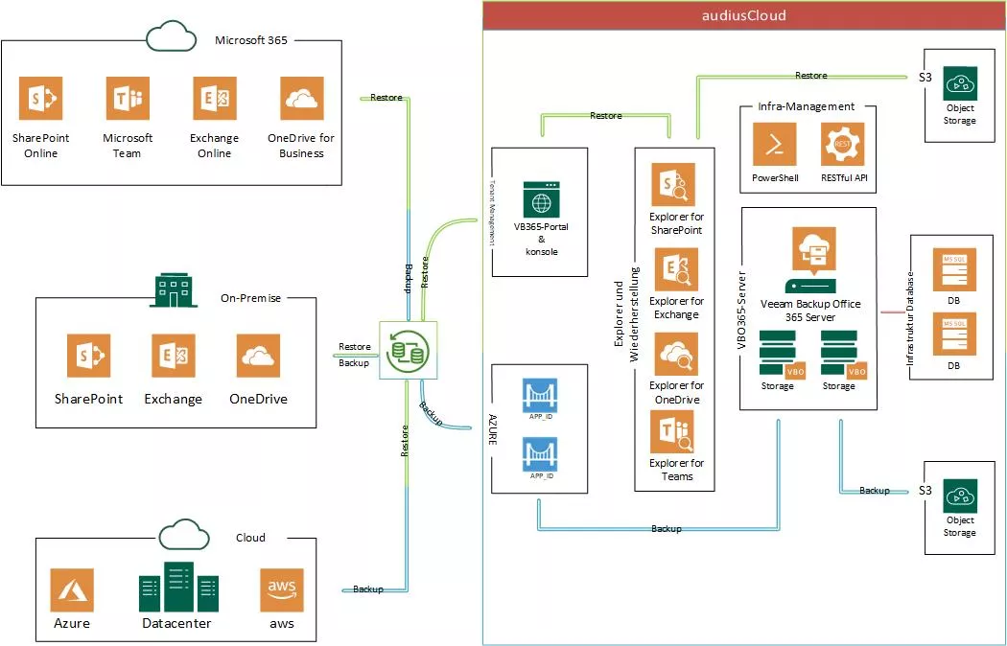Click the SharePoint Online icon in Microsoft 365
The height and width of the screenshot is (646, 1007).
[40, 99]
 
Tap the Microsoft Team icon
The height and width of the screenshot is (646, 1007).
[128, 99]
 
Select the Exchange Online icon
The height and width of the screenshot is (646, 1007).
[214, 99]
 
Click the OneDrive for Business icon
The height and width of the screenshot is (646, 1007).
[301, 99]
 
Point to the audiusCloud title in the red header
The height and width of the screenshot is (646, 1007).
[744, 15]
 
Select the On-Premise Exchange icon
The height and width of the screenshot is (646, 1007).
[173, 356]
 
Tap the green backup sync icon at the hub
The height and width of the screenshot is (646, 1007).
[407, 348]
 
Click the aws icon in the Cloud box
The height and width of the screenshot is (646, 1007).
[281, 588]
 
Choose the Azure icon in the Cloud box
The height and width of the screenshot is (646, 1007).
[72, 588]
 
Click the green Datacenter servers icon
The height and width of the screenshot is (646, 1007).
[178, 588]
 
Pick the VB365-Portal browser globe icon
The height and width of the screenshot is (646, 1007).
[541, 199]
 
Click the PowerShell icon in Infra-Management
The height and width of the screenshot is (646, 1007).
[775, 145]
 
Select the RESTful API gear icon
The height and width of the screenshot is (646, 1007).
[842, 145]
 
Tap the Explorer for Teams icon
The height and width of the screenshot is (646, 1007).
[675, 432]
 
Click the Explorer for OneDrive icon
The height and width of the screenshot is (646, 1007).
[675, 355]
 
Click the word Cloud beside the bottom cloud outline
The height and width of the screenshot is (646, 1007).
[250, 538]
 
